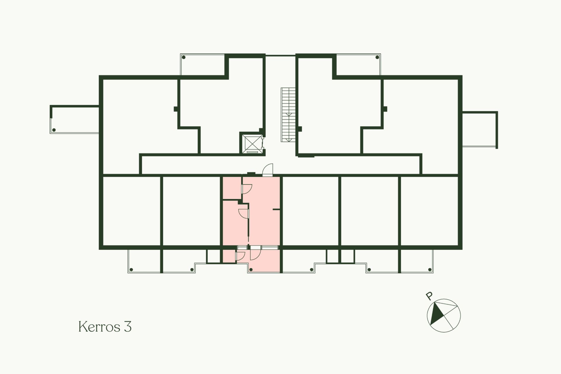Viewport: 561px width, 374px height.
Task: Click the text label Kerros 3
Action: pos(105,327)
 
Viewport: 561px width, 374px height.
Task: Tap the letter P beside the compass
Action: pos(429,296)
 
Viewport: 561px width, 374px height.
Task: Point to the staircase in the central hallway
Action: pos(288,115)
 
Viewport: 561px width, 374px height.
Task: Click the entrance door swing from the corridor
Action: pos(267,170)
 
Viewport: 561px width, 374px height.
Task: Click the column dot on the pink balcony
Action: pos(251,269)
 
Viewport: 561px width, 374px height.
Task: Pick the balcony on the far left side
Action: pos(75,120)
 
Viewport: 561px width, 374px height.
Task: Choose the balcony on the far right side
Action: pos(480,129)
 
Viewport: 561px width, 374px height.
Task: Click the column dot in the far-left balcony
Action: pos(54,130)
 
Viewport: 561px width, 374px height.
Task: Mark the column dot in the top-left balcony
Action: pos(184,57)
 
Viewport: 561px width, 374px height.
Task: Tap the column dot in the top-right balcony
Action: pos(377,57)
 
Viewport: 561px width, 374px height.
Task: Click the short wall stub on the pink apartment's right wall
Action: pos(276,210)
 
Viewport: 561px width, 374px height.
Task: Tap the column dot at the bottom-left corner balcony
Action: pos(131,269)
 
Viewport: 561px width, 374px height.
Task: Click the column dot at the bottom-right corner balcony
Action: pos(430,269)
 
